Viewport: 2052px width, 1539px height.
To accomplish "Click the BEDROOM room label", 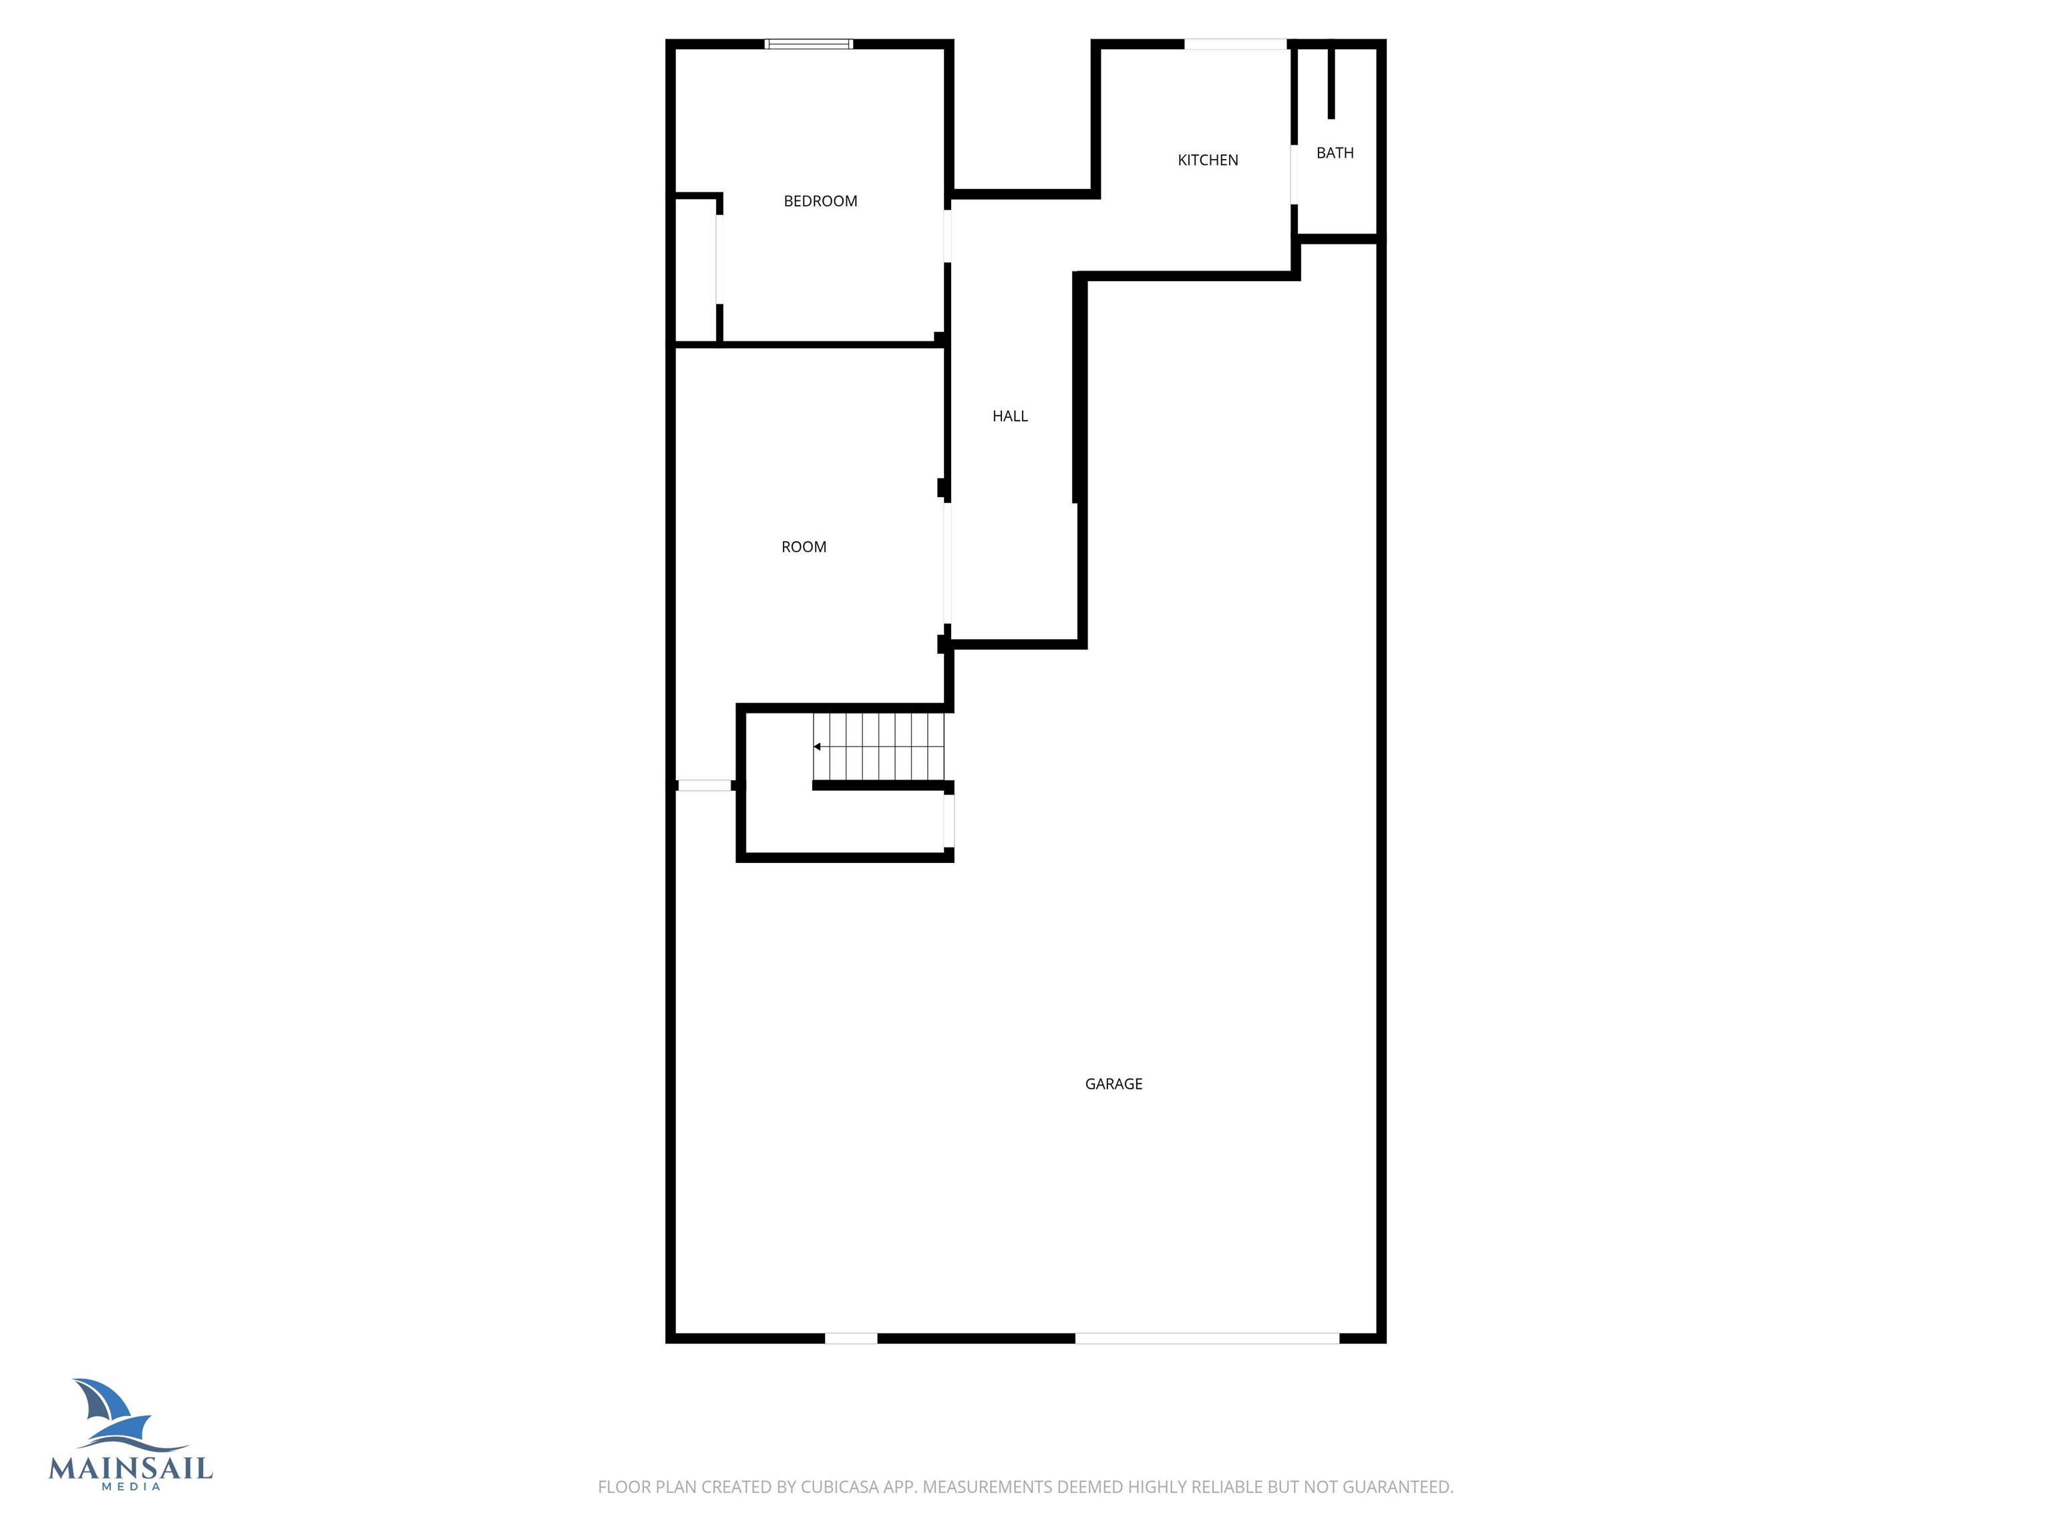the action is coord(820,201).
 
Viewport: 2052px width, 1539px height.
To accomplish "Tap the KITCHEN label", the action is coord(1208,160).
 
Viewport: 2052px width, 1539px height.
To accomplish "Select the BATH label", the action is coord(1335,153).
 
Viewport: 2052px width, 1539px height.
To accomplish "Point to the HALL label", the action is coord(1010,417).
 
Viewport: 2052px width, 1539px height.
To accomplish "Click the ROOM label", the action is coord(804,547).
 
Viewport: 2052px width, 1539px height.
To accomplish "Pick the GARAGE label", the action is coord(1114,1083).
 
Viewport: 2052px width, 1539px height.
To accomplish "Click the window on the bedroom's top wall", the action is coord(809,43).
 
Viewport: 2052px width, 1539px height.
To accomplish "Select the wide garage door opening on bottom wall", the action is coord(1207,1339).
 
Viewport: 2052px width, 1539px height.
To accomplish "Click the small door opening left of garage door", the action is coord(852,1339).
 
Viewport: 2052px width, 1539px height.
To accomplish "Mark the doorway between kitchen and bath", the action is coord(1293,174).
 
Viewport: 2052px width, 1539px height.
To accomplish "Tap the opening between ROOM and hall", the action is coord(947,563).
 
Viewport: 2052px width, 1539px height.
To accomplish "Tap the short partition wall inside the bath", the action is coord(1331,81).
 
